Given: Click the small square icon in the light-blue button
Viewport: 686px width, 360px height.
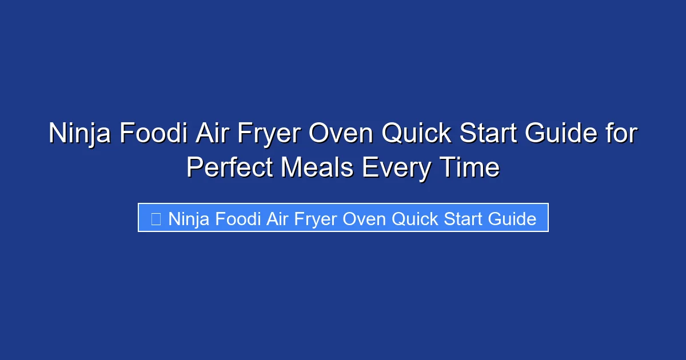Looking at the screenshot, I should point(155,218).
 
